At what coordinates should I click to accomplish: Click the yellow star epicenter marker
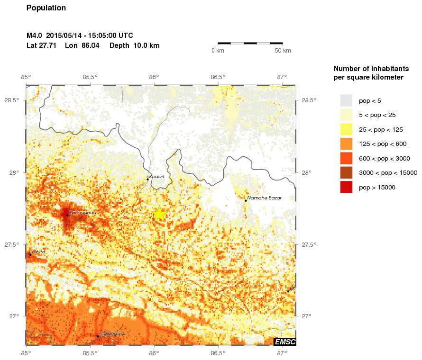coord(160,214)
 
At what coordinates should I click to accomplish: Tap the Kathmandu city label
coord(83,213)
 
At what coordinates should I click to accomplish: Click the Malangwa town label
coord(112,333)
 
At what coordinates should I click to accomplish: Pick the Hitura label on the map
coord(39,252)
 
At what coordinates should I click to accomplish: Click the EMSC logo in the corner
coord(284,342)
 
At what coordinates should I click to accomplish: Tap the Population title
coord(46,8)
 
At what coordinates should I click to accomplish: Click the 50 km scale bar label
coord(283,51)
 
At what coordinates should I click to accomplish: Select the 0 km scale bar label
coord(218,51)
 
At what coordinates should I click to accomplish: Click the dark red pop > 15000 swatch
coord(346,188)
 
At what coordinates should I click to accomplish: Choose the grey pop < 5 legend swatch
coord(346,100)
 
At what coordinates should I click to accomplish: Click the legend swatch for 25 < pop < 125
coord(346,129)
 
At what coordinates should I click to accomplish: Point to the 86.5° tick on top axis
coord(218,77)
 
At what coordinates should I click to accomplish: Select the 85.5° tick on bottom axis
coord(90,353)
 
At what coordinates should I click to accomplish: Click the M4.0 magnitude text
coord(35,36)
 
